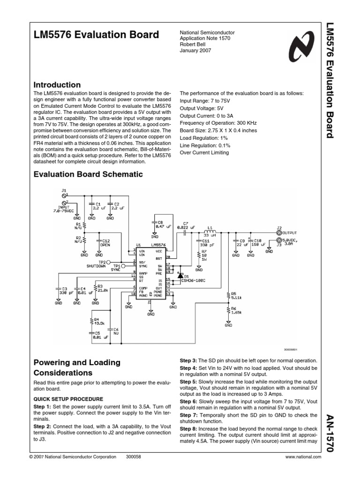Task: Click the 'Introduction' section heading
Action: click(x=57, y=85)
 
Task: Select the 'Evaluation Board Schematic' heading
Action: click(x=81, y=174)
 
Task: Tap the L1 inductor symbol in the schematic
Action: click(x=210, y=232)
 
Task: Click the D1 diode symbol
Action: click(x=180, y=276)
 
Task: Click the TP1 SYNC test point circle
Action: click(x=123, y=266)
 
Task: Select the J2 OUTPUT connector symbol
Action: click(x=279, y=232)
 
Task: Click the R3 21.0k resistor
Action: click(x=96, y=288)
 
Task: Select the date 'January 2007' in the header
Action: click(x=196, y=51)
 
